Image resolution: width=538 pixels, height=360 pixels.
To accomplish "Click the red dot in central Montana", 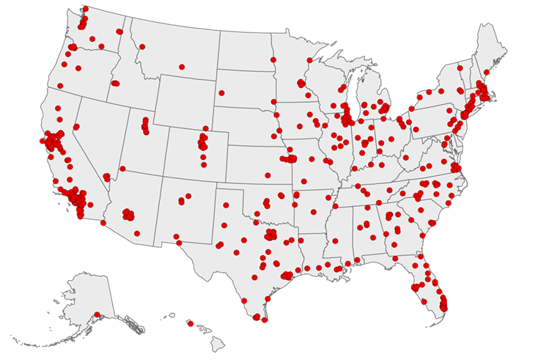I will [x=181, y=67].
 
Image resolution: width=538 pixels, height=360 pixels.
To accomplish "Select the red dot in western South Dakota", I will [x=221, y=93].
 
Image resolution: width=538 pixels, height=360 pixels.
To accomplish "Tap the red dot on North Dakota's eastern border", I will [x=273, y=59].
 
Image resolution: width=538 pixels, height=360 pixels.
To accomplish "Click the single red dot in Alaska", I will [x=96, y=315].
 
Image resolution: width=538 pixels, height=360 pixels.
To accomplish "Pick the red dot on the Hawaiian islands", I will [x=189, y=323].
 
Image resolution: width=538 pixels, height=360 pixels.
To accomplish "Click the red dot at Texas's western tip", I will [x=177, y=237].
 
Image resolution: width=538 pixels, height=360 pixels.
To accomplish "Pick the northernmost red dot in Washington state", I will [x=85, y=9].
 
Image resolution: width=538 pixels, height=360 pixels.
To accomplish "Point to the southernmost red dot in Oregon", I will [x=60, y=86].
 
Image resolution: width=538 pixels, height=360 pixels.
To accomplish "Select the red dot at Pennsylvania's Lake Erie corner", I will [x=412, y=109].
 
